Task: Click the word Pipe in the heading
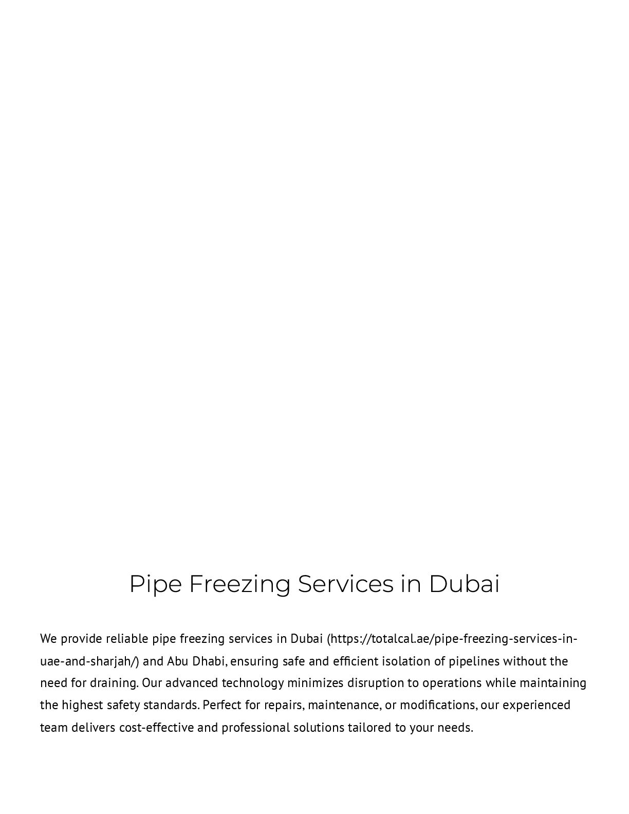[x=155, y=584]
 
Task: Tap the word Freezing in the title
[x=239, y=584]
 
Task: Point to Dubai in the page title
[x=464, y=584]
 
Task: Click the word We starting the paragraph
[x=48, y=639]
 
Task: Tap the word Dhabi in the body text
[x=209, y=661]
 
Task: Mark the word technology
[x=253, y=683]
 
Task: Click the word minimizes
[x=315, y=683]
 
